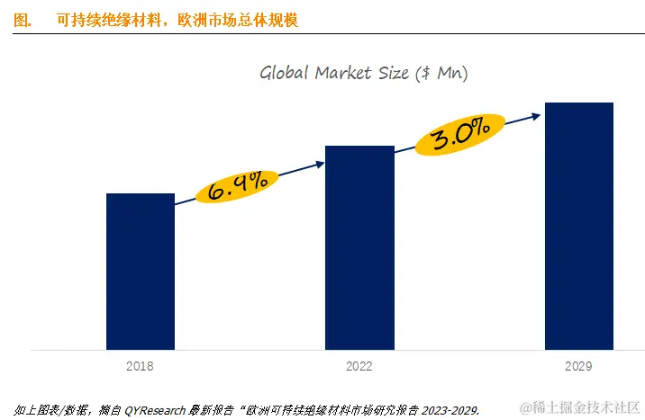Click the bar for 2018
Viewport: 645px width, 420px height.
click(x=140, y=271)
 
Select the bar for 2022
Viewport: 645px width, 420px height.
click(x=359, y=247)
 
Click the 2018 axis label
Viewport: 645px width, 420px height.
click(x=140, y=366)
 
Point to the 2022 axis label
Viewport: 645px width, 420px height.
click(x=359, y=366)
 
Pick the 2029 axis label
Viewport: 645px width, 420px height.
click(x=578, y=366)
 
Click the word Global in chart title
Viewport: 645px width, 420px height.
click(x=285, y=73)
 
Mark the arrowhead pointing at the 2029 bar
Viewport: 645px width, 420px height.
click(x=536, y=114)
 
